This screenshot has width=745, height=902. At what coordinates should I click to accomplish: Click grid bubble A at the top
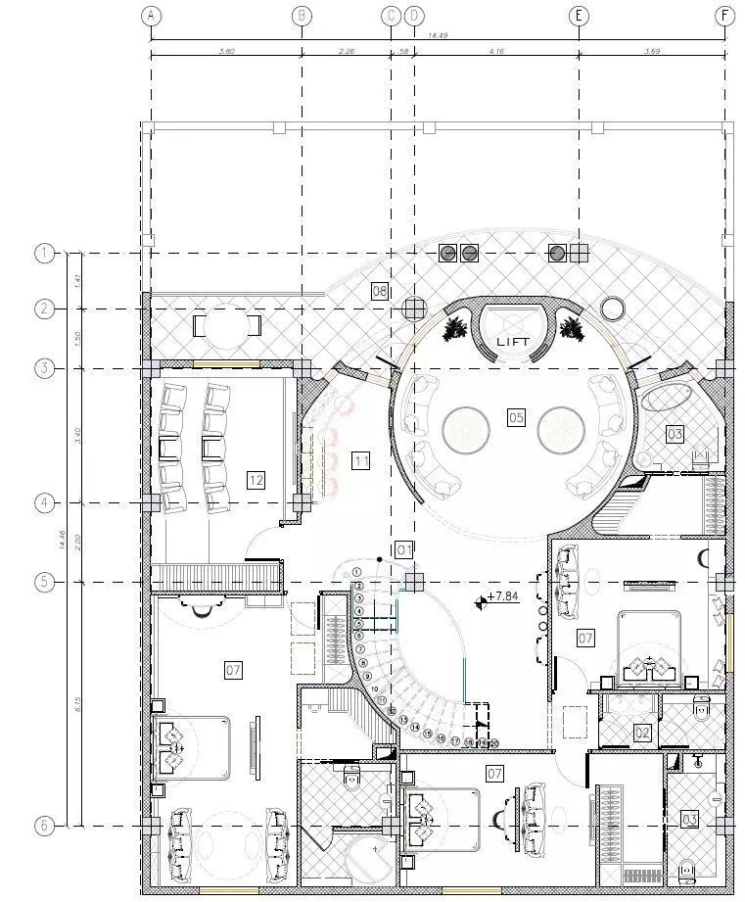[150, 16]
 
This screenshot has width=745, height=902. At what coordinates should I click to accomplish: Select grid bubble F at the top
[724, 16]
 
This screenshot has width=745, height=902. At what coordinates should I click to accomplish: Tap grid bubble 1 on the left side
[44, 254]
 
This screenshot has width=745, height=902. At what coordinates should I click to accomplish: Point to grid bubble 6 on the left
[44, 826]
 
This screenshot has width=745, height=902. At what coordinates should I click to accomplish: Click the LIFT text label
[513, 342]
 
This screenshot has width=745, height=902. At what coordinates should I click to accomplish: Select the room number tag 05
[516, 418]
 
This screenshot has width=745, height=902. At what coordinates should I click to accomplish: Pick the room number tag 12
[256, 480]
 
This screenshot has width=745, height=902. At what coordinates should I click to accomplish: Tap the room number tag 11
[361, 459]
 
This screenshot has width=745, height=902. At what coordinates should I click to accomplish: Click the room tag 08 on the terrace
[380, 290]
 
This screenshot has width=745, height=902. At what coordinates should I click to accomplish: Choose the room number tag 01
[403, 548]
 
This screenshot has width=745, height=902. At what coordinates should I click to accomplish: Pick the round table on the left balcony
[226, 325]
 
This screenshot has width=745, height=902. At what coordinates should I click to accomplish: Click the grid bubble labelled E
[579, 16]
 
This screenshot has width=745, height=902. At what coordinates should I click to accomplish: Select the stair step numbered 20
[494, 743]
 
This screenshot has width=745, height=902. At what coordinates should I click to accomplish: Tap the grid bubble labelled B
[302, 16]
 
